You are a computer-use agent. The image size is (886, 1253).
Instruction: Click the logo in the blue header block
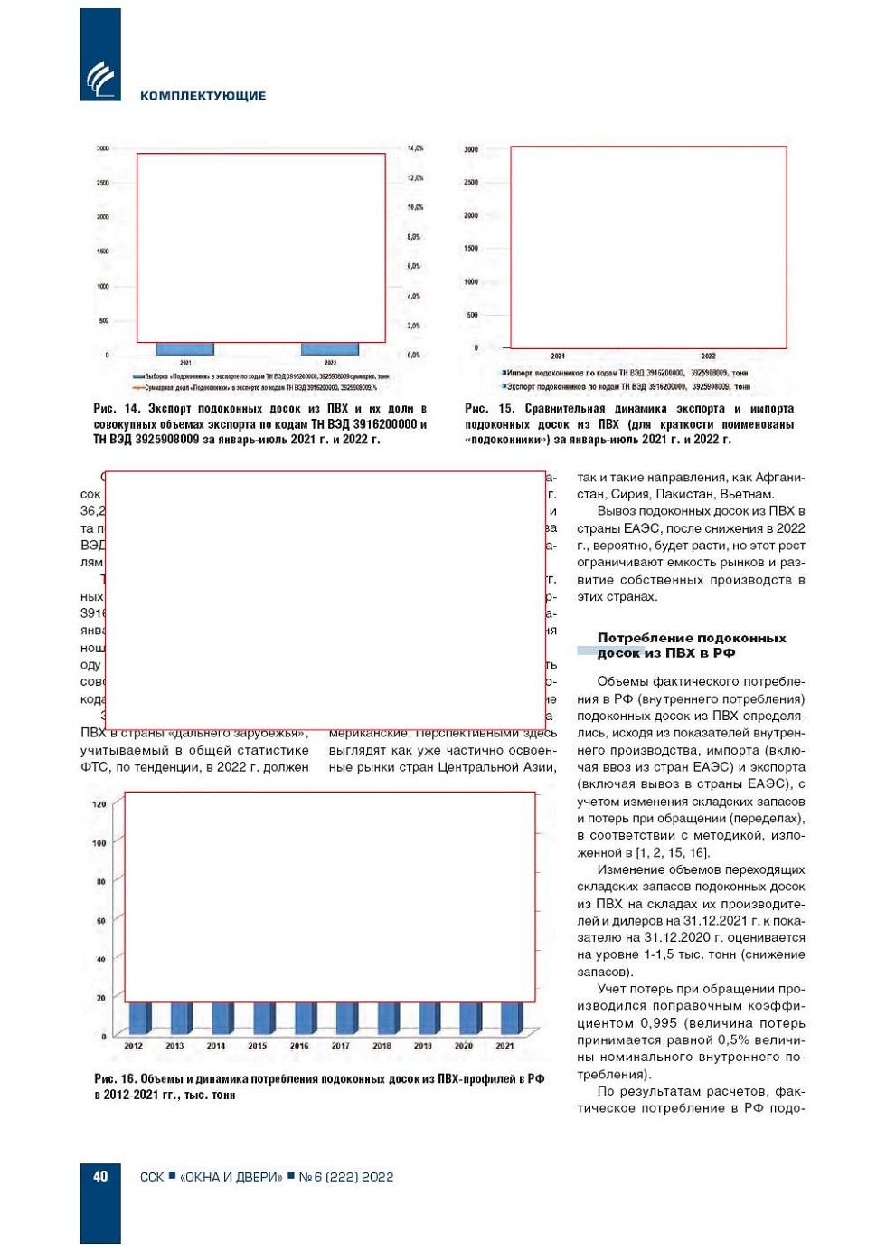tap(100, 78)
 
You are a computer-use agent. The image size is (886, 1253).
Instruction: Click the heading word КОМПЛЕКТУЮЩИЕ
tap(203, 96)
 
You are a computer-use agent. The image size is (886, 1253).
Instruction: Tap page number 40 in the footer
tap(100, 1176)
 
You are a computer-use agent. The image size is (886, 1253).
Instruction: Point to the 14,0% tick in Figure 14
tap(415, 148)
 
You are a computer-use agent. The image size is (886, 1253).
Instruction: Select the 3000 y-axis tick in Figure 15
tap(471, 149)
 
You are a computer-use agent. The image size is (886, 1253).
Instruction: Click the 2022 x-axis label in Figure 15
tap(709, 356)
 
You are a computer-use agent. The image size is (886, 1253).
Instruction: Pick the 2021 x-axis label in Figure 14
tap(185, 363)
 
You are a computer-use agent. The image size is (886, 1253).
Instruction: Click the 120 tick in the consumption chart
tap(99, 804)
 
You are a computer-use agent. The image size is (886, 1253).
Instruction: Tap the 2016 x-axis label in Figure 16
tap(299, 1046)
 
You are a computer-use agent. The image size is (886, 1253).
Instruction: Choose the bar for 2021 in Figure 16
tap(511, 1019)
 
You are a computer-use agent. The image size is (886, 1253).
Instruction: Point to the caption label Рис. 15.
tap(489, 409)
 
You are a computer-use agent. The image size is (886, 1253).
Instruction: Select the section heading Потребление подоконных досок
tap(691, 645)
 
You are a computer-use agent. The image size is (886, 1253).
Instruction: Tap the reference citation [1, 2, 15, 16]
tap(672, 852)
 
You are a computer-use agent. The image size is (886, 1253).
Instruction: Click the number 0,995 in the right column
tap(658, 1023)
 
